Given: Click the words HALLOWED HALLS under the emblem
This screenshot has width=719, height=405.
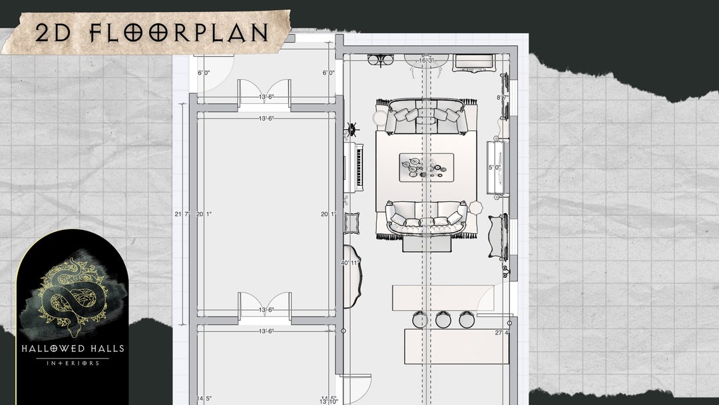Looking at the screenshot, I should pyautogui.click(x=73, y=348).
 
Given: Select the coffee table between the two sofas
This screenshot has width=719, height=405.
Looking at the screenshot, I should pyautogui.click(x=426, y=167).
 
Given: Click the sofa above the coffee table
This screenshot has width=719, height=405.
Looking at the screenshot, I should pyautogui.click(x=426, y=115).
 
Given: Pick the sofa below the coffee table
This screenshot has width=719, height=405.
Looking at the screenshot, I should pyautogui.click(x=426, y=218).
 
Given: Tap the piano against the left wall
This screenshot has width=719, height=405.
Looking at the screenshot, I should pyautogui.click(x=353, y=167).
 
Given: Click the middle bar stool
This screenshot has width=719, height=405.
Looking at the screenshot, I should pyautogui.click(x=443, y=320).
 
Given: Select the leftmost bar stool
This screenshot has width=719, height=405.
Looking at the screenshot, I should pyautogui.click(x=420, y=320).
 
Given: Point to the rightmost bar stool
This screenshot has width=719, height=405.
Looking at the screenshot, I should pyautogui.click(x=467, y=320).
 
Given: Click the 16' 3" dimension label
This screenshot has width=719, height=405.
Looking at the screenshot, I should pyautogui.click(x=425, y=61).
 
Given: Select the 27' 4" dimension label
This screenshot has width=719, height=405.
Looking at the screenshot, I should pyautogui.click(x=503, y=332).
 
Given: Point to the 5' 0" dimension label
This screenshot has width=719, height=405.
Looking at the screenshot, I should pyautogui.click(x=494, y=167).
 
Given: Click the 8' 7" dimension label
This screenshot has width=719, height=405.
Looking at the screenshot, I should pyautogui.click(x=502, y=98).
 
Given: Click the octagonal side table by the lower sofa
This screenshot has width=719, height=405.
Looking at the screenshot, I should pyautogui.click(x=475, y=207).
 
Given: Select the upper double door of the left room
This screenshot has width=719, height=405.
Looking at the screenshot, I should pyautogui.click(x=264, y=91).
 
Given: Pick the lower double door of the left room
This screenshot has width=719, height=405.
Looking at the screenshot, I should pyautogui.click(x=264, y=304).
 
